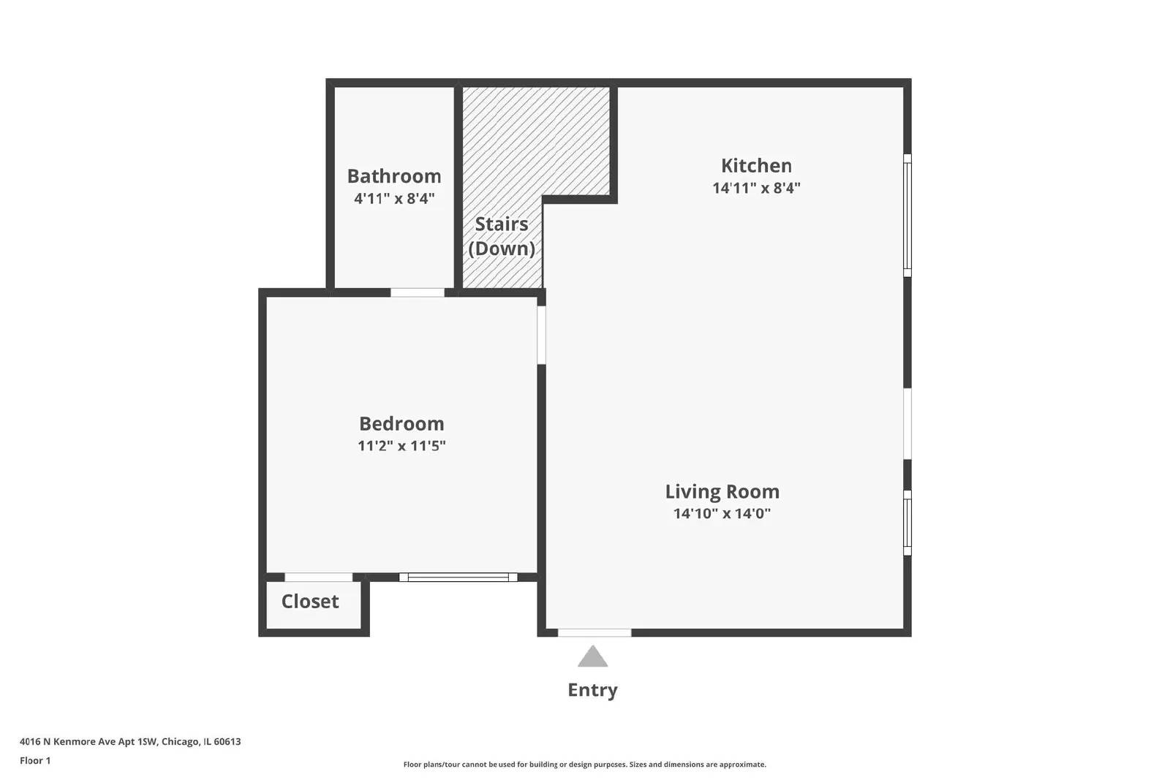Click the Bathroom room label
pos(394,176)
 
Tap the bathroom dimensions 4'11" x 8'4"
pos(394,198)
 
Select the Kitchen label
pos(756,165)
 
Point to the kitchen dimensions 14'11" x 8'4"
pos(756,188)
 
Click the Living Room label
pos(722,491)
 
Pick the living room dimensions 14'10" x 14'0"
pos(722,513)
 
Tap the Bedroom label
pos(401,423)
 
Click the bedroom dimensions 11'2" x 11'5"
pos(401,445)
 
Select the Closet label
pos(310,601)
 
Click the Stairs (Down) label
pos(502,236)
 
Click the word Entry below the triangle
pos(592,689)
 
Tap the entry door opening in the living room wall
pos(595,632)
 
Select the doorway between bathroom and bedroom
pos(417,292)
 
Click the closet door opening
pos(318,578)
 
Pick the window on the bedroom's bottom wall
pos(458,578)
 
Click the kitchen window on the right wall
pos(907,216)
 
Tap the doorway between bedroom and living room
pos(541,334)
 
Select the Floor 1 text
pos(35,760)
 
